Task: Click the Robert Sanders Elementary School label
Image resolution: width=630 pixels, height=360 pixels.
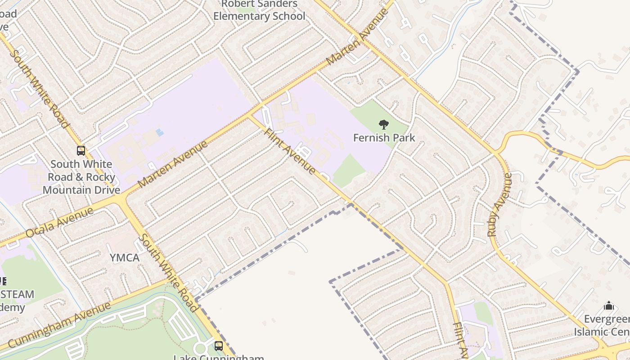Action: pyautogui.click(x=259, y=10)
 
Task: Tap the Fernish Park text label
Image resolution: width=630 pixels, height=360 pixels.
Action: pyautogui.click(x=384, y=138)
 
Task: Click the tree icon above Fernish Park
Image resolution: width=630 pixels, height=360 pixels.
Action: pyautogui.click(x=384, y=124)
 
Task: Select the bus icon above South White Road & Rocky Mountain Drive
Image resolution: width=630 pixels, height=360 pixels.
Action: pyautogui.click(x=81, y=151)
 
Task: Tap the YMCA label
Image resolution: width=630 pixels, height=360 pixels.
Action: pyautogui.click(x=125, y=258)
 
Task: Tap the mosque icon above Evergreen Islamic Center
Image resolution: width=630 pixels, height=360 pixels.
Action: pyautogui.click(x=609, y=306)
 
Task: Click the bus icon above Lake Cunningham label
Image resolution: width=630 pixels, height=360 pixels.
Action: pyautogui.click(x=219, y=346)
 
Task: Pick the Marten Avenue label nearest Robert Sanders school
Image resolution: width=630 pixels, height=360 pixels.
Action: pyautogui.click(x=357, y=36)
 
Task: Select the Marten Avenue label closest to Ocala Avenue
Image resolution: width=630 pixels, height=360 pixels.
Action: pyautogui.click(x=173, y=164)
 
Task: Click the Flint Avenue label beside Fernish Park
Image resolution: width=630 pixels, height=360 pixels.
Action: pyautogui.click(x=290, y=151)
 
